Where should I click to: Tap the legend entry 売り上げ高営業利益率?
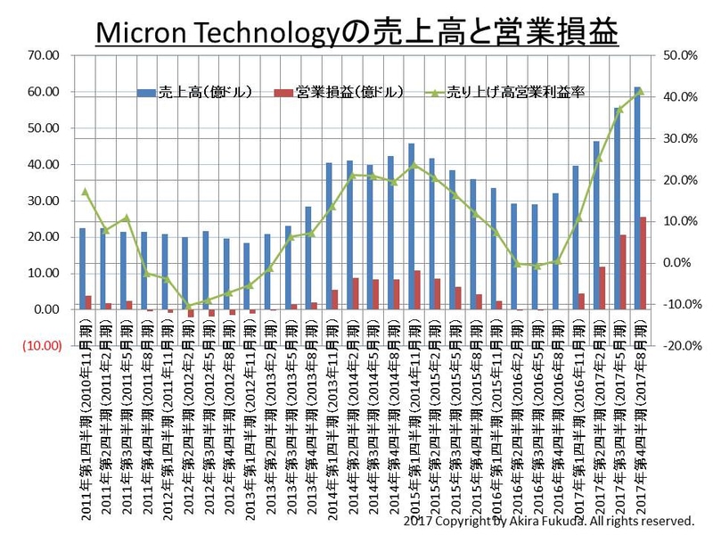(x=513, y=92)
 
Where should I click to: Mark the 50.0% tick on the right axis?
(x=681, y=55)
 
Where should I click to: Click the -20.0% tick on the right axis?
(x=678, y=346)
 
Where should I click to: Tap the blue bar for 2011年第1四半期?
(x=82, y=268)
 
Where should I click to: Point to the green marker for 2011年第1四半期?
(x=85, y=191)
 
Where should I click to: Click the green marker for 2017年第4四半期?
(x=641, y=90)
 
